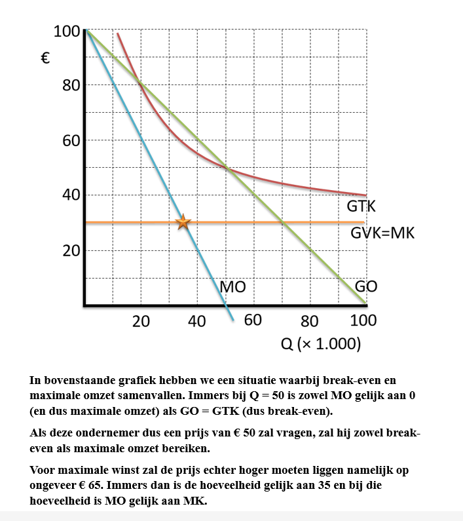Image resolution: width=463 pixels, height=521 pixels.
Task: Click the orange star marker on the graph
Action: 183,223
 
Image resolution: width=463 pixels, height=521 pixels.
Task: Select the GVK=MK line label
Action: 382,233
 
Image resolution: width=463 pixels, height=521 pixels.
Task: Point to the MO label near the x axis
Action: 232,286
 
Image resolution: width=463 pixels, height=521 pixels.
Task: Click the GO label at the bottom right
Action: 366,286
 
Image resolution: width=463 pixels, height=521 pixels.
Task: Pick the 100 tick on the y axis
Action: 66,31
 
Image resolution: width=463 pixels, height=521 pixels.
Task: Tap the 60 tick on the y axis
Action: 69,141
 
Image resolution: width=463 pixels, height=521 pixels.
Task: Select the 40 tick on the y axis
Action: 69,195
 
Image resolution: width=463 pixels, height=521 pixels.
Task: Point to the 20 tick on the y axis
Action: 69,251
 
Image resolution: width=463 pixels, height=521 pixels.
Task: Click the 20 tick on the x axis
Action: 141,321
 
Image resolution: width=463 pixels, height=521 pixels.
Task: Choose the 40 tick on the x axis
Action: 197,321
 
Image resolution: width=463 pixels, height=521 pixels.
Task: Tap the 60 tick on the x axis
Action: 253,321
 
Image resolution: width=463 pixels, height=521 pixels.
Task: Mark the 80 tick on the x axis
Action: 310,321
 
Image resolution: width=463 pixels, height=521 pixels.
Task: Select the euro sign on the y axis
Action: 46,58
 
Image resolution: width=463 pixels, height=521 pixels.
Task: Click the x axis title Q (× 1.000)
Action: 321,343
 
